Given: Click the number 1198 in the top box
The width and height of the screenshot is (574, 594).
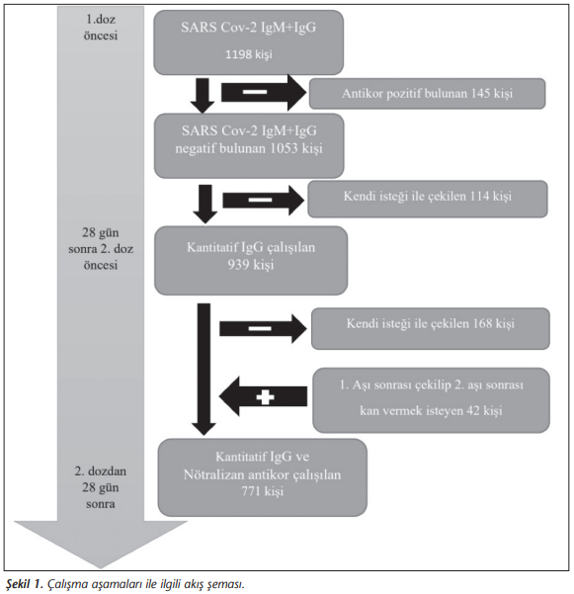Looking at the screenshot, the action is (x=238, y=54).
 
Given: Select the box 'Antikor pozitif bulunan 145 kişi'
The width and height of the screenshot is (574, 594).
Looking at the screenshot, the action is (x=427, y=94).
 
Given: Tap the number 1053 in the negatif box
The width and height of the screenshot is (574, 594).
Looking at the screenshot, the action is (x=284, y=148).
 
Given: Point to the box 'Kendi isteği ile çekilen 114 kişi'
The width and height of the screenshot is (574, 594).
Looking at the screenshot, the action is (x=428, y=199).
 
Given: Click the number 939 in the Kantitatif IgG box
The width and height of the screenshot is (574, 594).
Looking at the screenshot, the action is (x=238, y=265).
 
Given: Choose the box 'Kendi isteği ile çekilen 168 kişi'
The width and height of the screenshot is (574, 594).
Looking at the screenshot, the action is (x=431, y=328).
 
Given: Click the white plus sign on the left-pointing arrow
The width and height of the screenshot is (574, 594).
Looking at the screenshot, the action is (x=265, y=397).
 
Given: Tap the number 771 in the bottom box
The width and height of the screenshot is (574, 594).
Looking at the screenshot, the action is (x=251, y=491).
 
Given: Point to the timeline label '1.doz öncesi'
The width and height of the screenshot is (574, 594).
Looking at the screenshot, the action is (x=101, y=28).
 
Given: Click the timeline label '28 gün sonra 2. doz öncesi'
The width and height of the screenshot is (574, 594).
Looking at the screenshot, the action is (x=101, y=248).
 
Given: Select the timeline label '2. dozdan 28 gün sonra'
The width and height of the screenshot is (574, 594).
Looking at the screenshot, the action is (x=101, y=487).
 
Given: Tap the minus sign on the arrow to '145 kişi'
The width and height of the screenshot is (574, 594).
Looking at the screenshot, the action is (x=255, y=92).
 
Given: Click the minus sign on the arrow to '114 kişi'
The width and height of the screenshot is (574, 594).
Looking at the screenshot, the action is (x=260, y=200).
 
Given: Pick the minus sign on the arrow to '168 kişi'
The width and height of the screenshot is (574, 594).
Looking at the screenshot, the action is (x=260, y=328).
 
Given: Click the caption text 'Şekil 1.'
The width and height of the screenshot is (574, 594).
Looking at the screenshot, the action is (x=25, y=584).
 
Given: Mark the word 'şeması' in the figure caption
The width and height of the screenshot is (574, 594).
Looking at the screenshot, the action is (x=225, y=584).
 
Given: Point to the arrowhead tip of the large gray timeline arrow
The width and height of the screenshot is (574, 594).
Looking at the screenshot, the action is (x=101, y=568).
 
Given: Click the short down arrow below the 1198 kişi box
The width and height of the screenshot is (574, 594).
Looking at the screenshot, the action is (x=203, y=96).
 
